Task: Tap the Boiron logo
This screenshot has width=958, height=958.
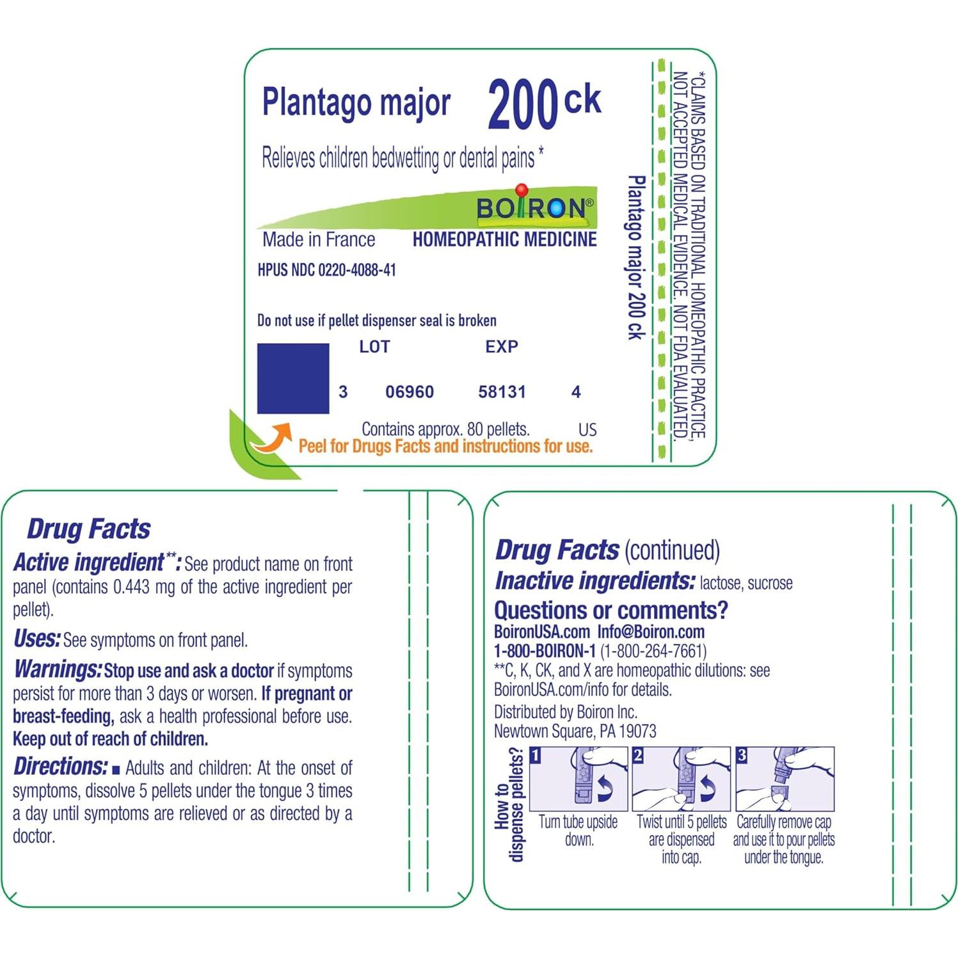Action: point(534,207)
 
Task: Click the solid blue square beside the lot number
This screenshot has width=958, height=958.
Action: point(293,378)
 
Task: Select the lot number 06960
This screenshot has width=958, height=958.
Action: point(410,392)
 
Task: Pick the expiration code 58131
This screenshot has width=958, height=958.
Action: point(502,392)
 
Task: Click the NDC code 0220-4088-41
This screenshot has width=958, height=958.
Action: point(357,270)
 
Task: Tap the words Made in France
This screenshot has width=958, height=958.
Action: point(319,240)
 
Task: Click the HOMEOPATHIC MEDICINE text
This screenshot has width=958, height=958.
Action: point(504,240)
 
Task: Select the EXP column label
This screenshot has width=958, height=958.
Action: point(502,347)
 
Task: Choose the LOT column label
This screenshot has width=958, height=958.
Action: point(374,347)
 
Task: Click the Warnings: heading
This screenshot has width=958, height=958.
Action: point(58,669)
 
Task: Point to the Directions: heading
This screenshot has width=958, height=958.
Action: point(61,767)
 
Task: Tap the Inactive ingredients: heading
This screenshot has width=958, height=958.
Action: point(595,581)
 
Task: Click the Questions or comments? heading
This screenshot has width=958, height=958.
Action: point(611,610)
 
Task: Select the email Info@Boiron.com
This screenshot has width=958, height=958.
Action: point(651,632)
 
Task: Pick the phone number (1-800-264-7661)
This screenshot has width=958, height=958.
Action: point(653,651)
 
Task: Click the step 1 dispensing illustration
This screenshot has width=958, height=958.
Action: point(579,778)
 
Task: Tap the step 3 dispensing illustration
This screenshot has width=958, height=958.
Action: point(785,778)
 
